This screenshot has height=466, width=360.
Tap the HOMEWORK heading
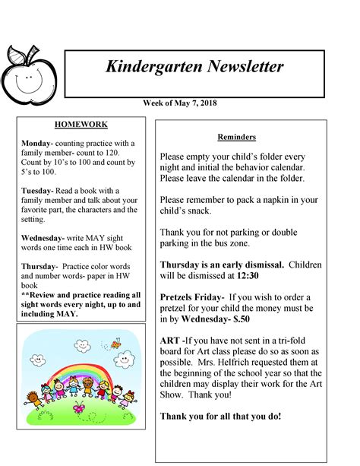coord(81,124)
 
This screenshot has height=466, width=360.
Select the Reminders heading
coord(237,137)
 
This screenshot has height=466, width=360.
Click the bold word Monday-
coord(37,143)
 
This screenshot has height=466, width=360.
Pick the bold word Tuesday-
coord(38,190)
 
